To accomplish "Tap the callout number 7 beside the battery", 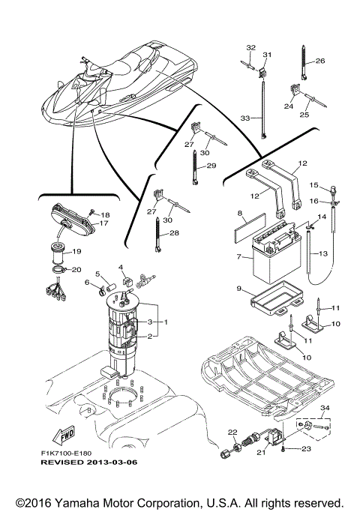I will click(x=238, y=257).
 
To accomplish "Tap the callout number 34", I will click(x=324, y=408).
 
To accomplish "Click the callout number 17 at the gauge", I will click(x=104, y=223).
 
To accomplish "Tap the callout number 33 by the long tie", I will click(x=243, y=118).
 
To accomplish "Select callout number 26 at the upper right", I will click(x=319, y=61).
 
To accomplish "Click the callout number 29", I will click(x=211, y=166).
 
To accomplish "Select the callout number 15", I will click(x=315, y=185).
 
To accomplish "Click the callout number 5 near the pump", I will click(x=97, y=274).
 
